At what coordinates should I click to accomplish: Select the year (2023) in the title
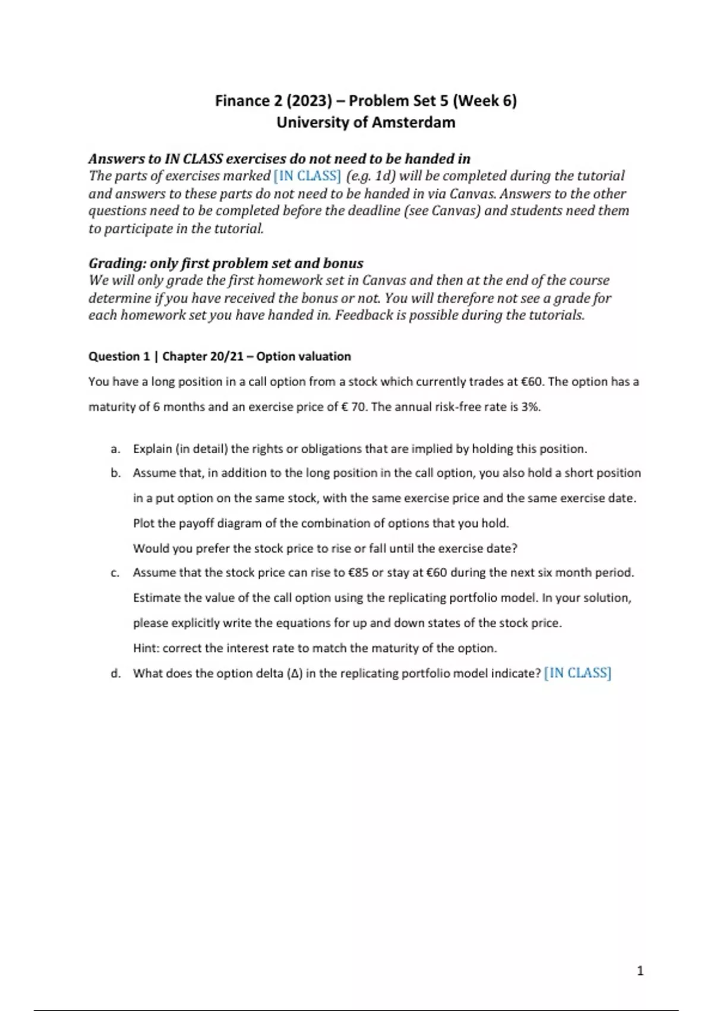[x=309, y=101]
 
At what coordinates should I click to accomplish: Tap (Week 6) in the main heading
[x=485, y=101]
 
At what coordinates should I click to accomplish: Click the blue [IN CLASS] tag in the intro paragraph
[x=307, y=176]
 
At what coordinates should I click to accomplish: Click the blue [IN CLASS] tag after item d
[x=578, y=673]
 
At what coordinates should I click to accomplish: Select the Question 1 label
[x=119, y=356]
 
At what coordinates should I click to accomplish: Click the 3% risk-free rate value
[x=531, y=407]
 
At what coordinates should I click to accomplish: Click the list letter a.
[x=115, y=449]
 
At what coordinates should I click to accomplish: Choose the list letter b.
[x=115, y=473]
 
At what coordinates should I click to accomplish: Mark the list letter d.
[x=115, y=673]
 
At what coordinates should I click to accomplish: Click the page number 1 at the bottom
[x=640, y=971]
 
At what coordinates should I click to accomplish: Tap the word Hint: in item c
[x=146, y=648]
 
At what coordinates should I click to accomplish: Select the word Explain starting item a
[x=152, y=449]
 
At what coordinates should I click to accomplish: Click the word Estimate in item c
[x=156, y=598]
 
